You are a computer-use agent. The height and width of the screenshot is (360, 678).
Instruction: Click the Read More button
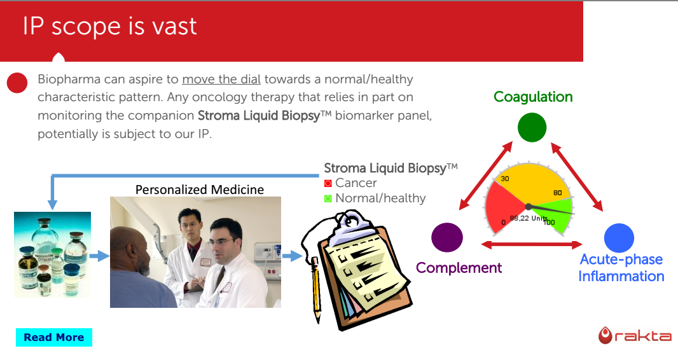54,337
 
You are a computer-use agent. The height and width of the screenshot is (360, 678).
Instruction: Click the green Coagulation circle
532,127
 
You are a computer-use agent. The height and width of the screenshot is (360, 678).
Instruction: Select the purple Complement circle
447,237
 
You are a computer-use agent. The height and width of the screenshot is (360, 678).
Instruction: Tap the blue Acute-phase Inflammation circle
619,238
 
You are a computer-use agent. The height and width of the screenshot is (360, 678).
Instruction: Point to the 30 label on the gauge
504,179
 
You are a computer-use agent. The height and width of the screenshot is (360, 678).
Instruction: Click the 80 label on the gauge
558,193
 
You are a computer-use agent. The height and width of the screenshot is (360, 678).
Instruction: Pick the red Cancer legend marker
328,183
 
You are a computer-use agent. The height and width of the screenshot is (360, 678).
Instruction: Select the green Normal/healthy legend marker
328,198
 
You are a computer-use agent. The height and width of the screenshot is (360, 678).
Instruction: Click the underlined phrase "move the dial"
221,79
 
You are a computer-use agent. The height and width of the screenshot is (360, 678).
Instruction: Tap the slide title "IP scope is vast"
110,26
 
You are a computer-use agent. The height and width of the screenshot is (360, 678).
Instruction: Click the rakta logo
635,336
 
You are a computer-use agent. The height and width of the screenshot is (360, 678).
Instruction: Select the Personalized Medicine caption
200,190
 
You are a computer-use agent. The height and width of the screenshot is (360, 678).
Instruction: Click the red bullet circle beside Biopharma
17,83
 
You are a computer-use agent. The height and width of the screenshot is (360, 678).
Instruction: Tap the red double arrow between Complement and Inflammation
532,245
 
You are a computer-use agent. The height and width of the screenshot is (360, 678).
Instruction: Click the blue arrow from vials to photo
100,256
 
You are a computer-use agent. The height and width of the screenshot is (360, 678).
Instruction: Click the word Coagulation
533,97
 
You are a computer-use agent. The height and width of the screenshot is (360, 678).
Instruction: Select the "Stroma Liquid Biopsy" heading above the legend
391,168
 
